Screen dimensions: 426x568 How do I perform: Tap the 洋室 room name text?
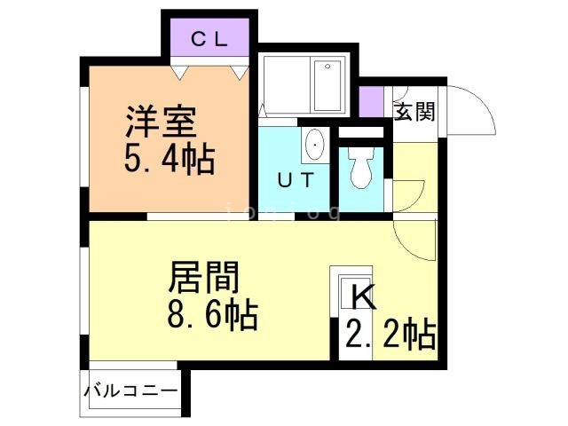click(x=161, y=121)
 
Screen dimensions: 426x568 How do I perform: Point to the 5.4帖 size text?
click(x=169, y=161)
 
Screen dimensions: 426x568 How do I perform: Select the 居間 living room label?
click(x=204, y=279)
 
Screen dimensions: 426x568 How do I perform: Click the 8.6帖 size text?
click(x=213, y=315)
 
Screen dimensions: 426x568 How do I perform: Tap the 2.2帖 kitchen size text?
click(x=390, y=335)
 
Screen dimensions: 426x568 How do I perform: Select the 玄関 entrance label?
click(x=414, y=112)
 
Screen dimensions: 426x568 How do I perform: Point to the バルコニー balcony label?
click(x=132, y=390)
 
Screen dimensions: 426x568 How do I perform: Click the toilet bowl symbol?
click(x=361, y=169)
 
